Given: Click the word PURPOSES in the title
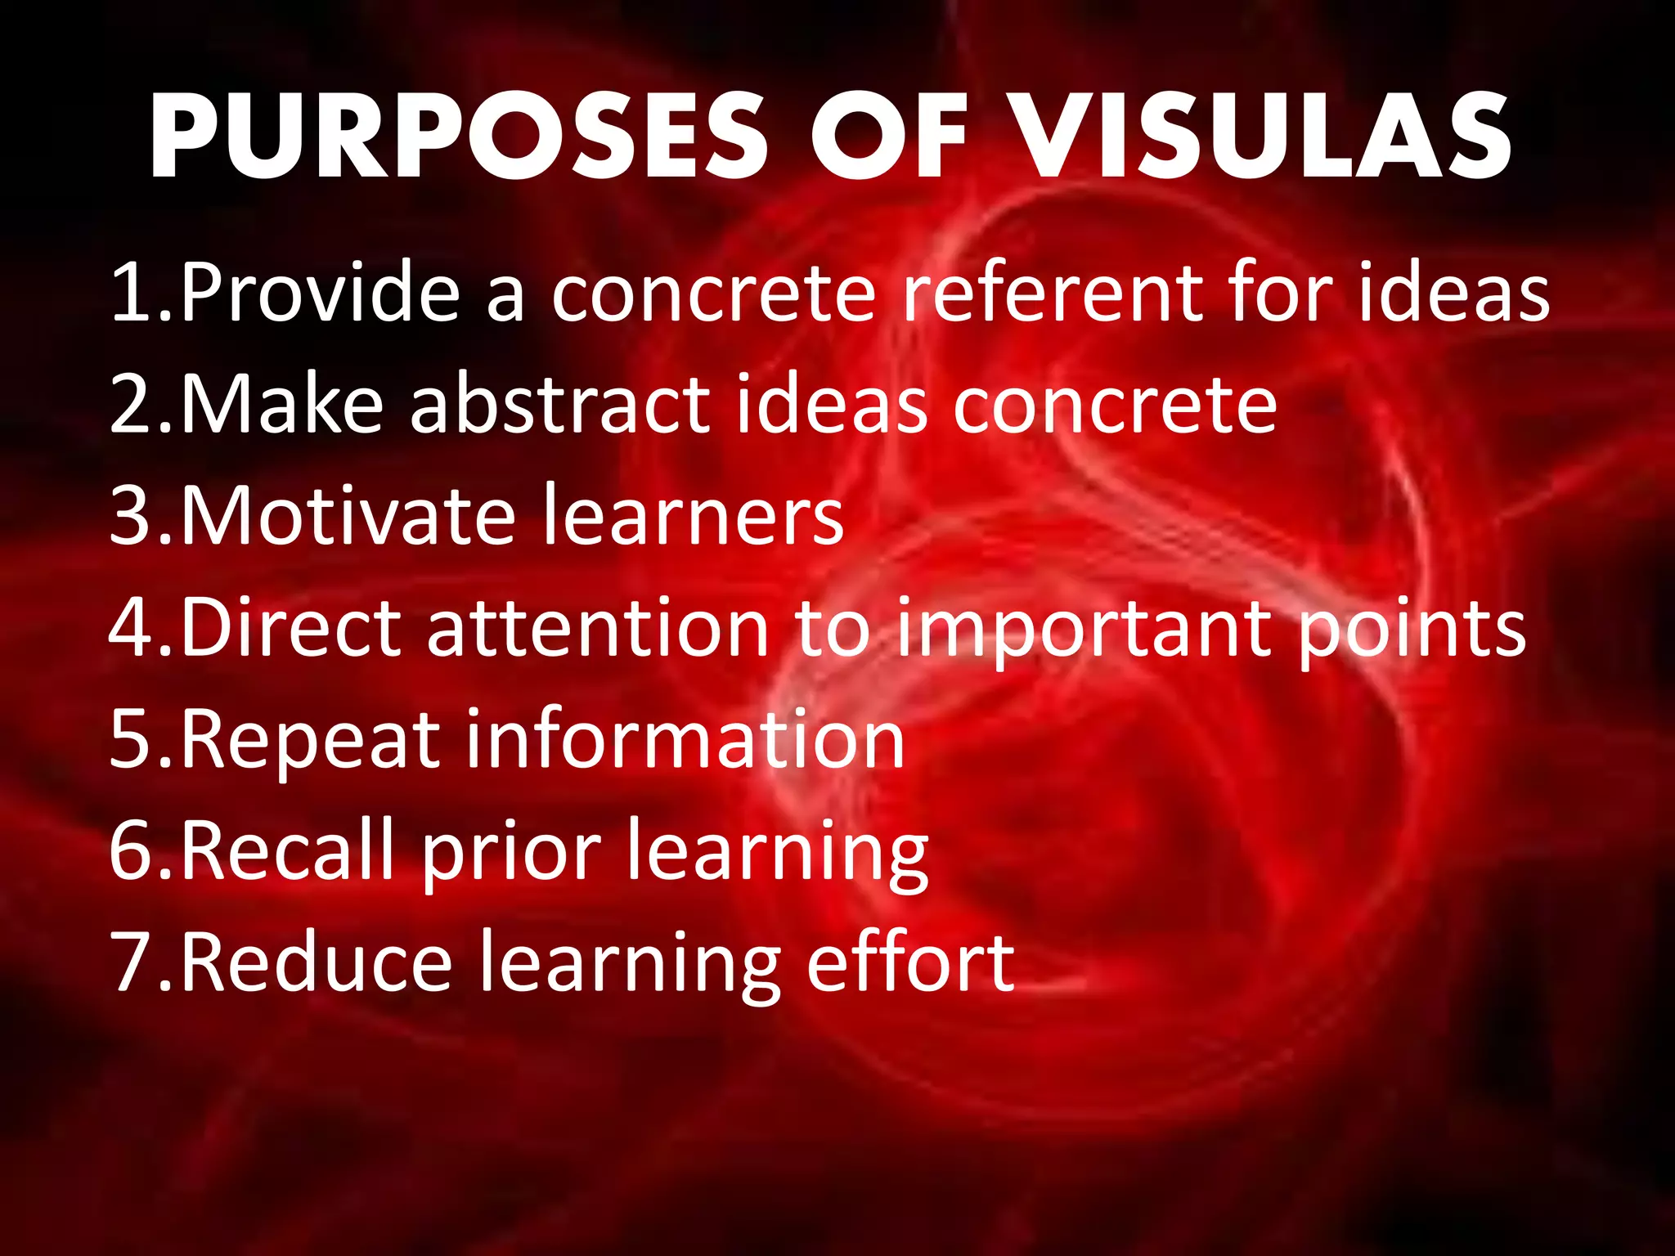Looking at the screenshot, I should pos(458,137).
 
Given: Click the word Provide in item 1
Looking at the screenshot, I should pos(320,293).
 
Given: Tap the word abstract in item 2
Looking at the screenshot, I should pos(560,404).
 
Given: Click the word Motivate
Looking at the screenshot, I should pos(348,516).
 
